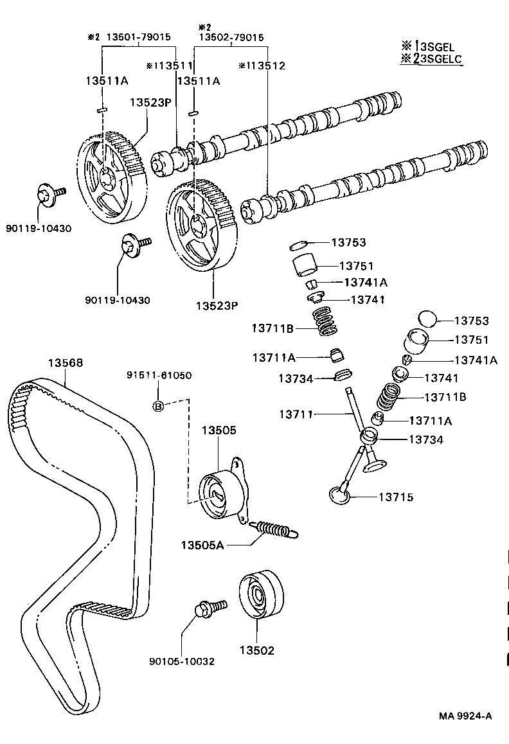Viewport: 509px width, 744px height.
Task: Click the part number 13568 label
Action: pyautogui.click(x=65, y=363)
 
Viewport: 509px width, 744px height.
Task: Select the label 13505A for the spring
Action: pyautogui.click(x=202, y=545)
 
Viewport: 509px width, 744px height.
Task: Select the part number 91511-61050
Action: pyautogui.click(x=158, y=375)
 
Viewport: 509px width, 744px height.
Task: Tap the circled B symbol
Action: pyautogui.click(x=158, y=405)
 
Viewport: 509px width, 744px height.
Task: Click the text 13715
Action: pyautogui.click(x=395, y=497)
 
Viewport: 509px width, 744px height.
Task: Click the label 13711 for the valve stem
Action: pyautogui.click(x=296, y=414)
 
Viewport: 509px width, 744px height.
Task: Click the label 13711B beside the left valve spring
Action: pyautogui.click(x=272, y=329)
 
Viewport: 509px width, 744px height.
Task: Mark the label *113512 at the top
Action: pyautogui.click(x=261, y=65)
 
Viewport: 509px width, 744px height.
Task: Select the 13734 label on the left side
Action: pyautogui.click(x=296, y=379)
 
